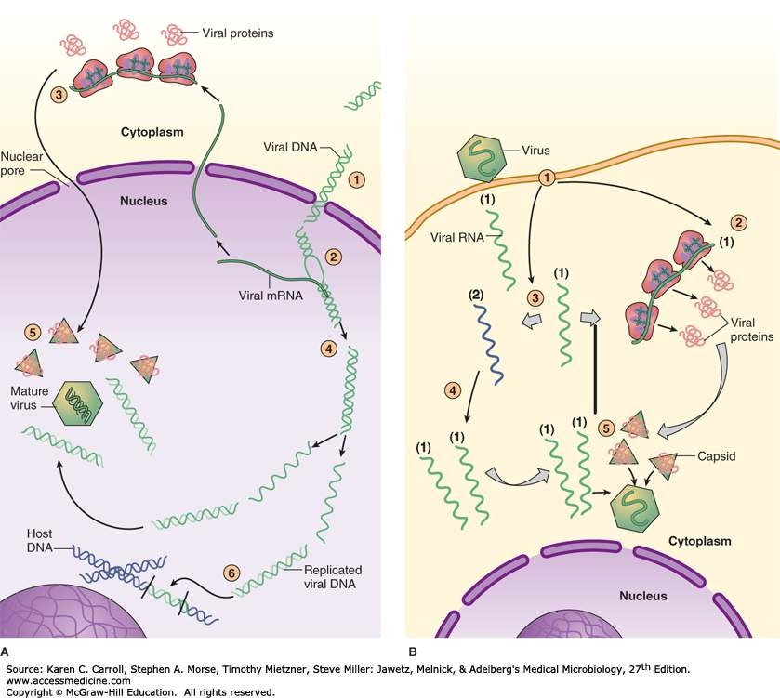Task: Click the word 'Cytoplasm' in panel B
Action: [700, 540]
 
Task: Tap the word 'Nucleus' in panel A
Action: [139, 199]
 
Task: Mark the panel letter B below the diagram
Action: [411, 653]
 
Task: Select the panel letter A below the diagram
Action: [7, 653]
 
